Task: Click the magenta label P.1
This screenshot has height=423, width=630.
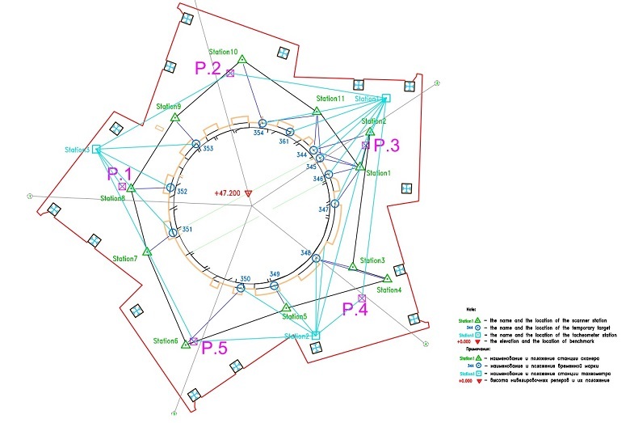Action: (119, 174)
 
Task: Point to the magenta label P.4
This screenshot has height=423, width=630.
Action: (356, 308)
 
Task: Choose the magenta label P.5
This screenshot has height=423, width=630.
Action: (215, 349)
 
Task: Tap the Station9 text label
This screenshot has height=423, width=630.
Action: (169, 107)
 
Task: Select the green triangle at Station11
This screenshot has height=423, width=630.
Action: (317, 111)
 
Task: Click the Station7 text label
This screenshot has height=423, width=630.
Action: (125, 259)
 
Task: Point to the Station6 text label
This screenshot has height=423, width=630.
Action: (166, 341)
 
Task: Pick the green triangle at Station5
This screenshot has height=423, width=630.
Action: (286, 307)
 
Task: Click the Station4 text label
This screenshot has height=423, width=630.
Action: (389, 290)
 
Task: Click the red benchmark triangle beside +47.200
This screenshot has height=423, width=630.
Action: (248, 193)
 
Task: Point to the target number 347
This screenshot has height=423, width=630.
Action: (324, 209)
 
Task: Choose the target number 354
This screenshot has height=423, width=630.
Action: (258, 131)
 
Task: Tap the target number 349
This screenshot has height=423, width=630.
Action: (275, 273)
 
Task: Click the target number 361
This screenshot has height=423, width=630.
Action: (283, 142)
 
